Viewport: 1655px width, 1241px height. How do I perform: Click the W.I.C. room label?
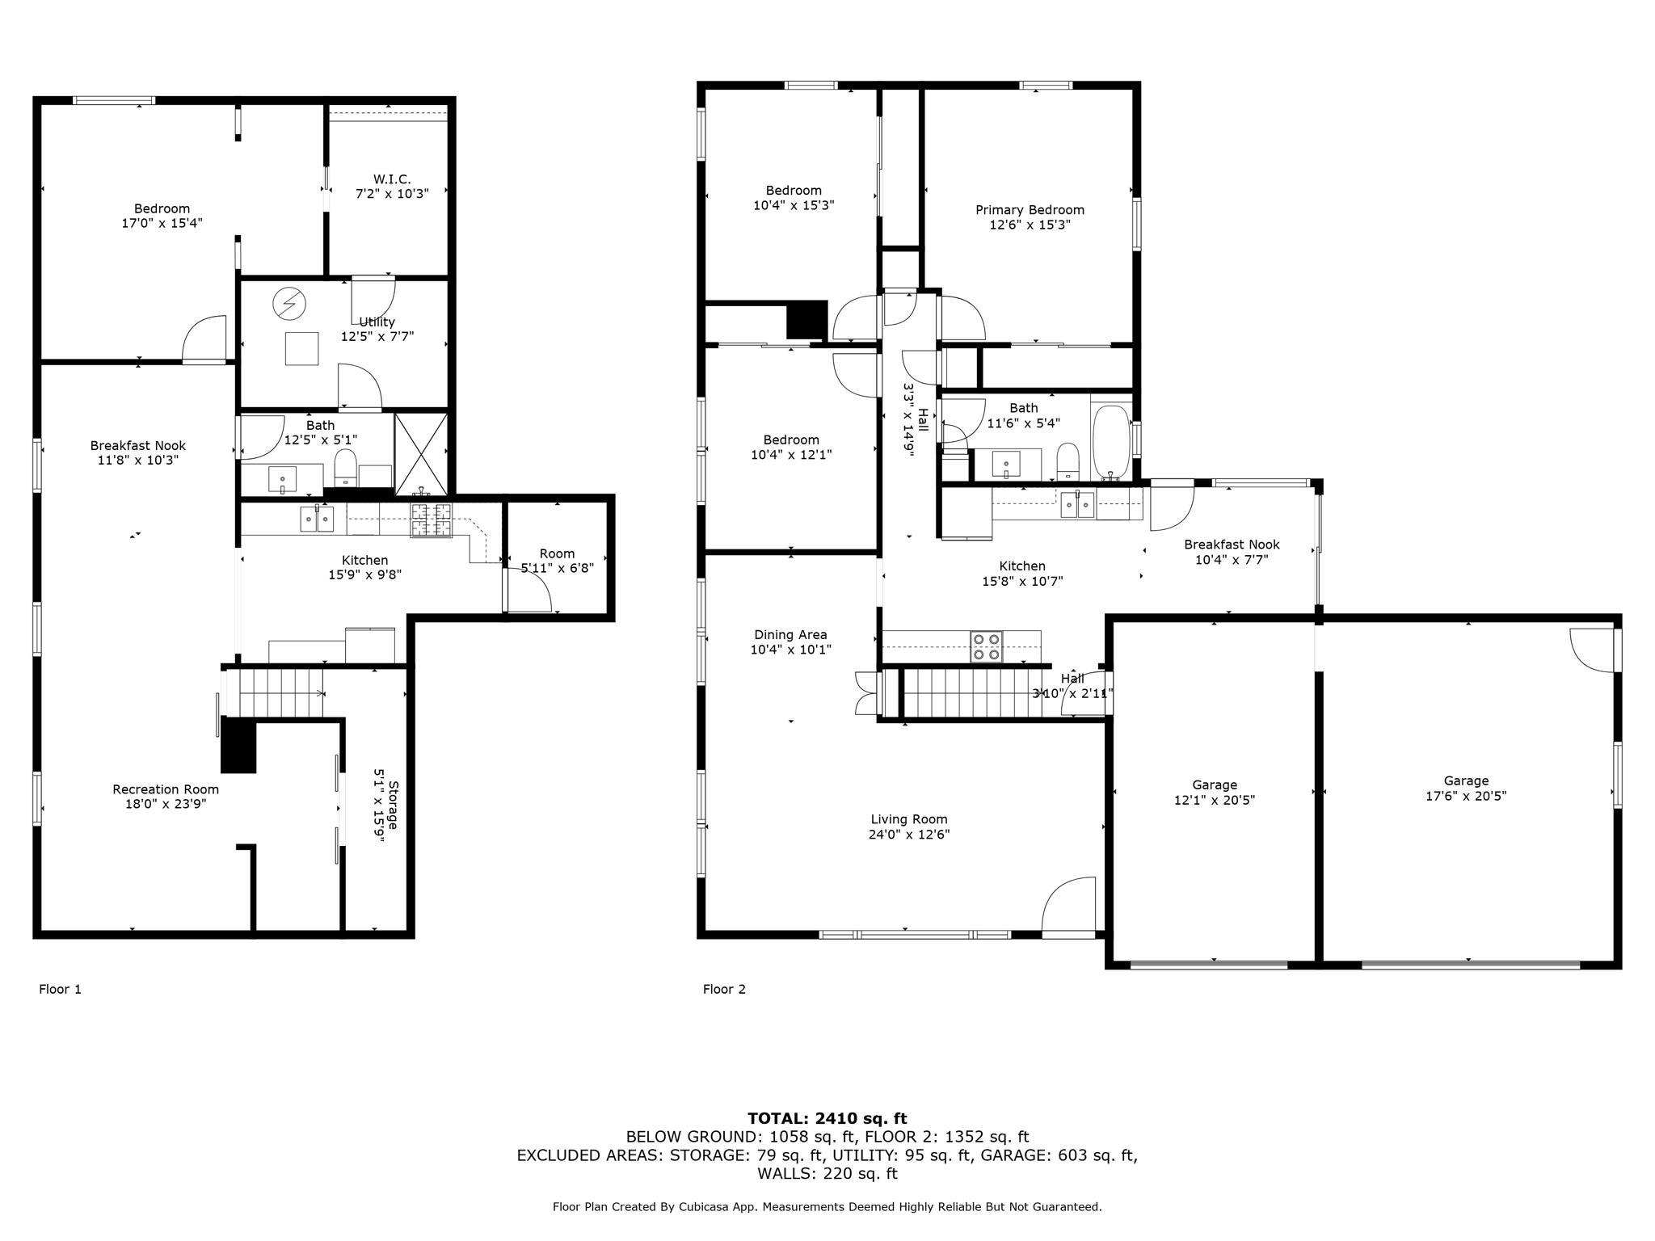coord(392,179)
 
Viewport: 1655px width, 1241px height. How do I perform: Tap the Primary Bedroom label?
coord(1030,210)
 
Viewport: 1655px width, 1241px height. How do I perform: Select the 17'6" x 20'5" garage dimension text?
coord(1466,796)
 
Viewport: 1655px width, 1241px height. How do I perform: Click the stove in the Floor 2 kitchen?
coord(987,646)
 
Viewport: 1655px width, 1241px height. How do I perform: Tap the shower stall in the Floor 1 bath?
coord(421,453)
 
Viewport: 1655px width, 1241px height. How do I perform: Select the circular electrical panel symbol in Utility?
coord(289,304)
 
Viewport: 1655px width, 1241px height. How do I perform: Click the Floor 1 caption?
coord(61,989)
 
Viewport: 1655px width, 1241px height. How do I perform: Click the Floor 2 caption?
coord(724,989)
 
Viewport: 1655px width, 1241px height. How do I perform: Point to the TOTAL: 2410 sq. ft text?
coord(827,1118)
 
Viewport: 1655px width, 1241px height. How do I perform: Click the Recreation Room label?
coord(166,789)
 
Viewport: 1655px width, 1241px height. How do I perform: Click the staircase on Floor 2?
coord(970,692)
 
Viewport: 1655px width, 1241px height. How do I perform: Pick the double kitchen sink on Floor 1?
coord(317,519)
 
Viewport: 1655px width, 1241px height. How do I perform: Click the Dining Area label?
coord(790,635)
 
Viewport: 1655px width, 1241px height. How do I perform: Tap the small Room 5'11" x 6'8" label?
coord(557,553)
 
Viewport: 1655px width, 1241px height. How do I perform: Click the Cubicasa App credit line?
coord(827,1206)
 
